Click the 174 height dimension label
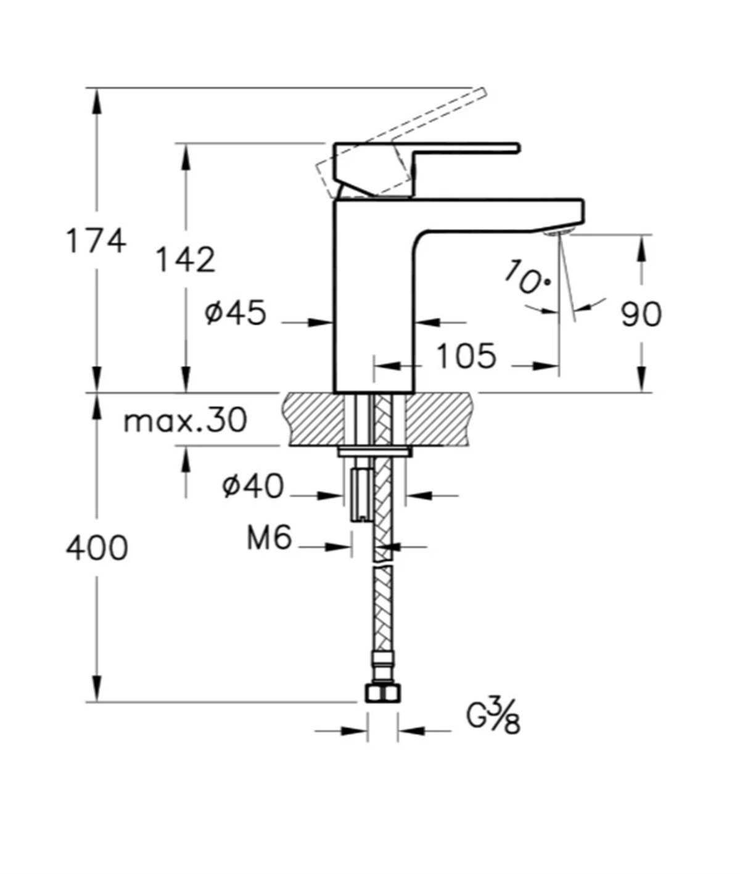pyautogui.click(x=96, y=241)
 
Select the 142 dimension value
pyautogui.click(x=186, y=259)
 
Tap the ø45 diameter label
pyautogui.click(x=236, y=313)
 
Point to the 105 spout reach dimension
pyautogui.click(x=466, y=356)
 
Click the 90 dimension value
pyautogui.click(x=641, y=314)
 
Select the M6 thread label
pyautogui.click(x=269, y=538)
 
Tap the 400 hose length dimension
pyautogui.click(x=97, y=548)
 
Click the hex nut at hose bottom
pyautogui.click(x=383, y=693)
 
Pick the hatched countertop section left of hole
pyautogui.click(x=316, y=419)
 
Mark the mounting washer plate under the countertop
pyautogui.click(x=375, y=451)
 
